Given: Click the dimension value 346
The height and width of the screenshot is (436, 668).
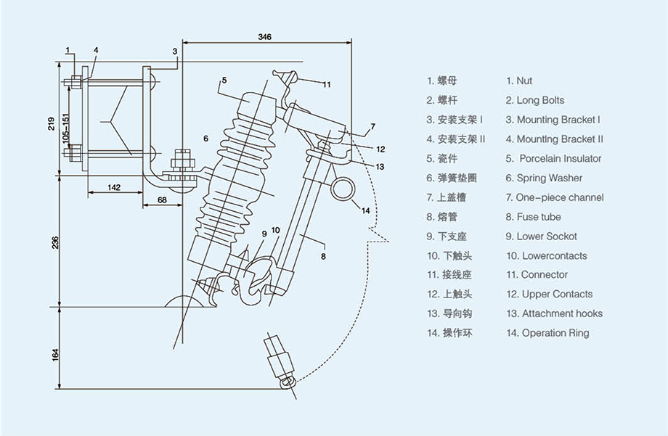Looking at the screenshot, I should (265, 36).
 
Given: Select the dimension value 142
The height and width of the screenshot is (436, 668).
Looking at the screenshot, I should (113, 187).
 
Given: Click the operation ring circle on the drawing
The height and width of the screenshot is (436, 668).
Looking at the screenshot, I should (343, 190).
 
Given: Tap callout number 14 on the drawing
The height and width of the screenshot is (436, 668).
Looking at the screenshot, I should (364, 210).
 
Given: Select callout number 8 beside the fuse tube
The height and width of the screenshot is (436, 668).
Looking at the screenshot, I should (323, 255).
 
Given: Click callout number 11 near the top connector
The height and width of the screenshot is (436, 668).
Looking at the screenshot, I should (327, 85).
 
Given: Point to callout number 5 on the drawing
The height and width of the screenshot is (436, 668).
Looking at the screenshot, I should (225, 79).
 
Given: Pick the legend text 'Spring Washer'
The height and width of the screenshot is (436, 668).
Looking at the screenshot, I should (549, 178).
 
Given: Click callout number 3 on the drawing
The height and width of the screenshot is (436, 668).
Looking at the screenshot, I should (175, 52).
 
